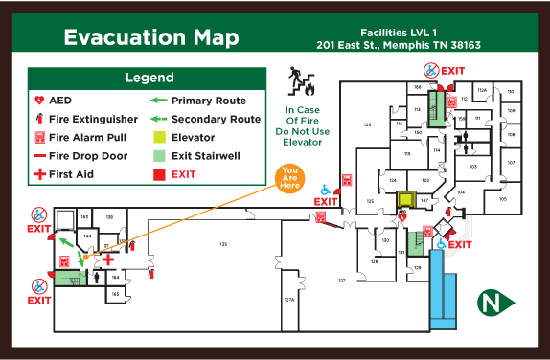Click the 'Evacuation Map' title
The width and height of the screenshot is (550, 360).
(x=151, y=37)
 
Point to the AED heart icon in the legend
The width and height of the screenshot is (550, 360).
(x=39, y=101)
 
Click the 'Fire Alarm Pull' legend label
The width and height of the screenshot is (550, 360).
(x=88, y=137)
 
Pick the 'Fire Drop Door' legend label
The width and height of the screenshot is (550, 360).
(x=89, y=155)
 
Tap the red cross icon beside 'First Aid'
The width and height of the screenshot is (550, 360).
(x=39, y=174)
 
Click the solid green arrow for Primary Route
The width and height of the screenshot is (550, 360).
(x=158, y=101)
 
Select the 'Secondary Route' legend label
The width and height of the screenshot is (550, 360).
(x=216, y=119)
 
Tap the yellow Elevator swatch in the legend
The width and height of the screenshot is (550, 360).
(x=158, y=137)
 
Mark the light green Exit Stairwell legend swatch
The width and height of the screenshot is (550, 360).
(x=158, y=155)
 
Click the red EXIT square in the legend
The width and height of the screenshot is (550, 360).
(x=158, y=174)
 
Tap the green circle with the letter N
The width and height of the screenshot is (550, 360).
(x=492, y=304)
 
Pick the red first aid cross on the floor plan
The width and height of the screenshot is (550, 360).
(x=108, y=259)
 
